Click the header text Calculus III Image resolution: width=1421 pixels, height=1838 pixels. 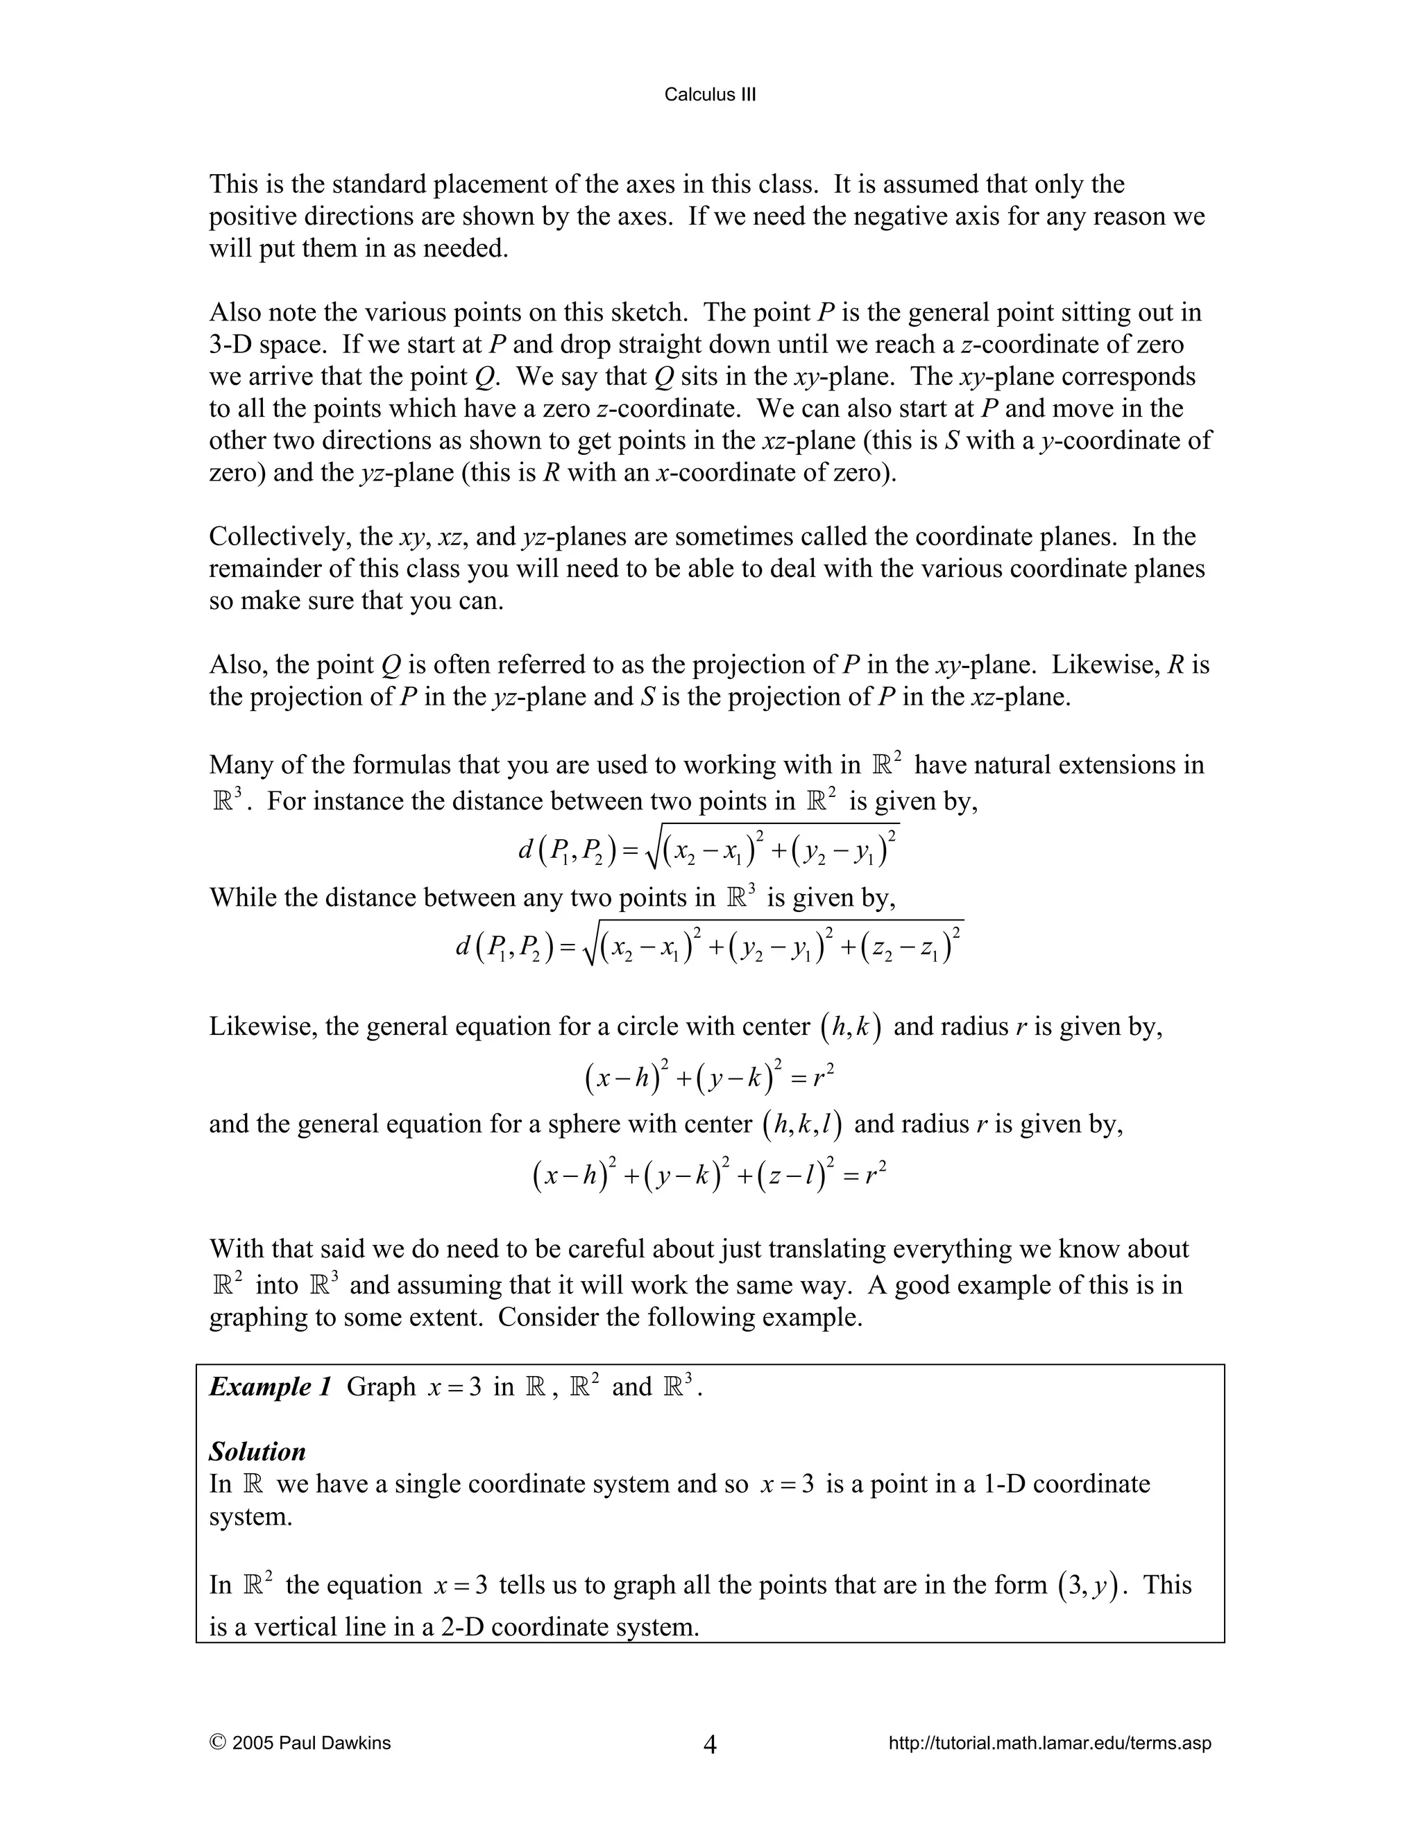click(710, 95)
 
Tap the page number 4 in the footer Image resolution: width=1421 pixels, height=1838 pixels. click(710, 1744)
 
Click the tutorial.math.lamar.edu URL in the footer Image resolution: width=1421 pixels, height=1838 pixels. click(1050, 1743)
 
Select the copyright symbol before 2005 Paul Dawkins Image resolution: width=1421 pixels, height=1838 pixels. click(216, 1742)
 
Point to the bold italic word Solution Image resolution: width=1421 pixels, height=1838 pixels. click(257, 1451)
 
